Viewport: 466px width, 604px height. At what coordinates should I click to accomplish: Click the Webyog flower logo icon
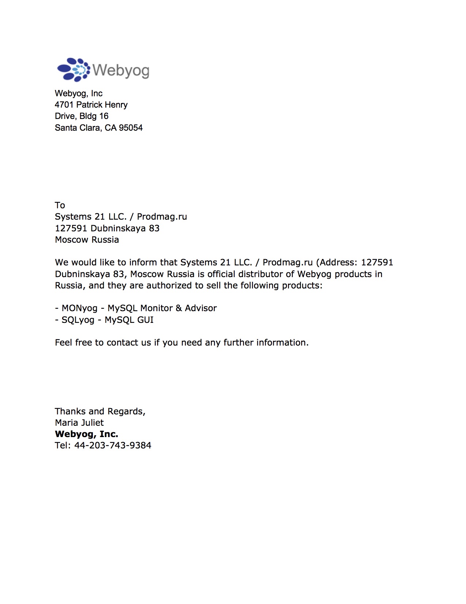click(73, 70)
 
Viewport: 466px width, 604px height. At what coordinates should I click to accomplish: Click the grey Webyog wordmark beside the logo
click(121, 70)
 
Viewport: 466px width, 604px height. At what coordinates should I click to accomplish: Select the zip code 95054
click(130, 128)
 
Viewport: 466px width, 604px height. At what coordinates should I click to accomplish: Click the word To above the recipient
click(60, 205)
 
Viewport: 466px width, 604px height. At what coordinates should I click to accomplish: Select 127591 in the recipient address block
click(71, 228)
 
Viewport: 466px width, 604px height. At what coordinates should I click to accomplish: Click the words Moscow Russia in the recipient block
click(87, 240)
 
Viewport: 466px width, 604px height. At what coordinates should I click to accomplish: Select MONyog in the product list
click(79, 308)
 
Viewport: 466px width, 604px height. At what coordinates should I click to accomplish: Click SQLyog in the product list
click(78, 320)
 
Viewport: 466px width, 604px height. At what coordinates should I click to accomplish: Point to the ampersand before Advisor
click(179, 308)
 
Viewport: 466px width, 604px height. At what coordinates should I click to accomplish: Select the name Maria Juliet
click(79, 423)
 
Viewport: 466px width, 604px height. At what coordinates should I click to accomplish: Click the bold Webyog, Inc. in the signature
click(87, 434)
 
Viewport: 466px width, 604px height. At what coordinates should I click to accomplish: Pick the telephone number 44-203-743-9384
click(113, 445)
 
